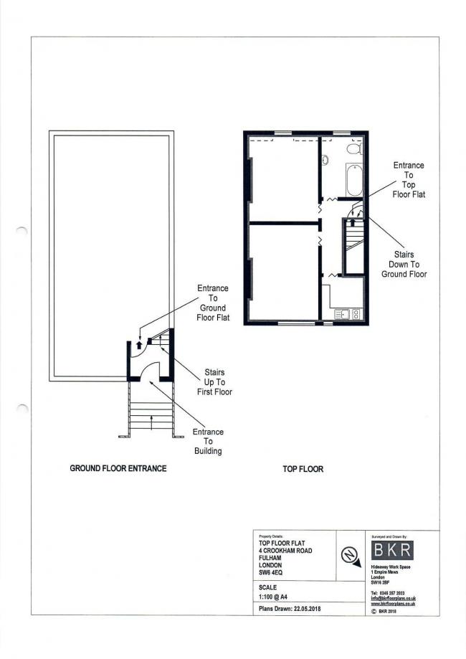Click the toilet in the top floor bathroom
tap(352, 148)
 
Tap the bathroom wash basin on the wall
tap(324, 160)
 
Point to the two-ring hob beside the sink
tap(356, 313)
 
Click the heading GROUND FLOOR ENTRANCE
tap(118, 468)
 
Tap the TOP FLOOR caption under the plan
tap(303, 470)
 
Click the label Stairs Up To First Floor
tap(214, 382)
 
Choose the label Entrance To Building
tap(209, 441)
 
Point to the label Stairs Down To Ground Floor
tap(404, 264)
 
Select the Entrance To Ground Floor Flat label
tap(213, 303)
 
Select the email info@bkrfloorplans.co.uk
tap(394, 597)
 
